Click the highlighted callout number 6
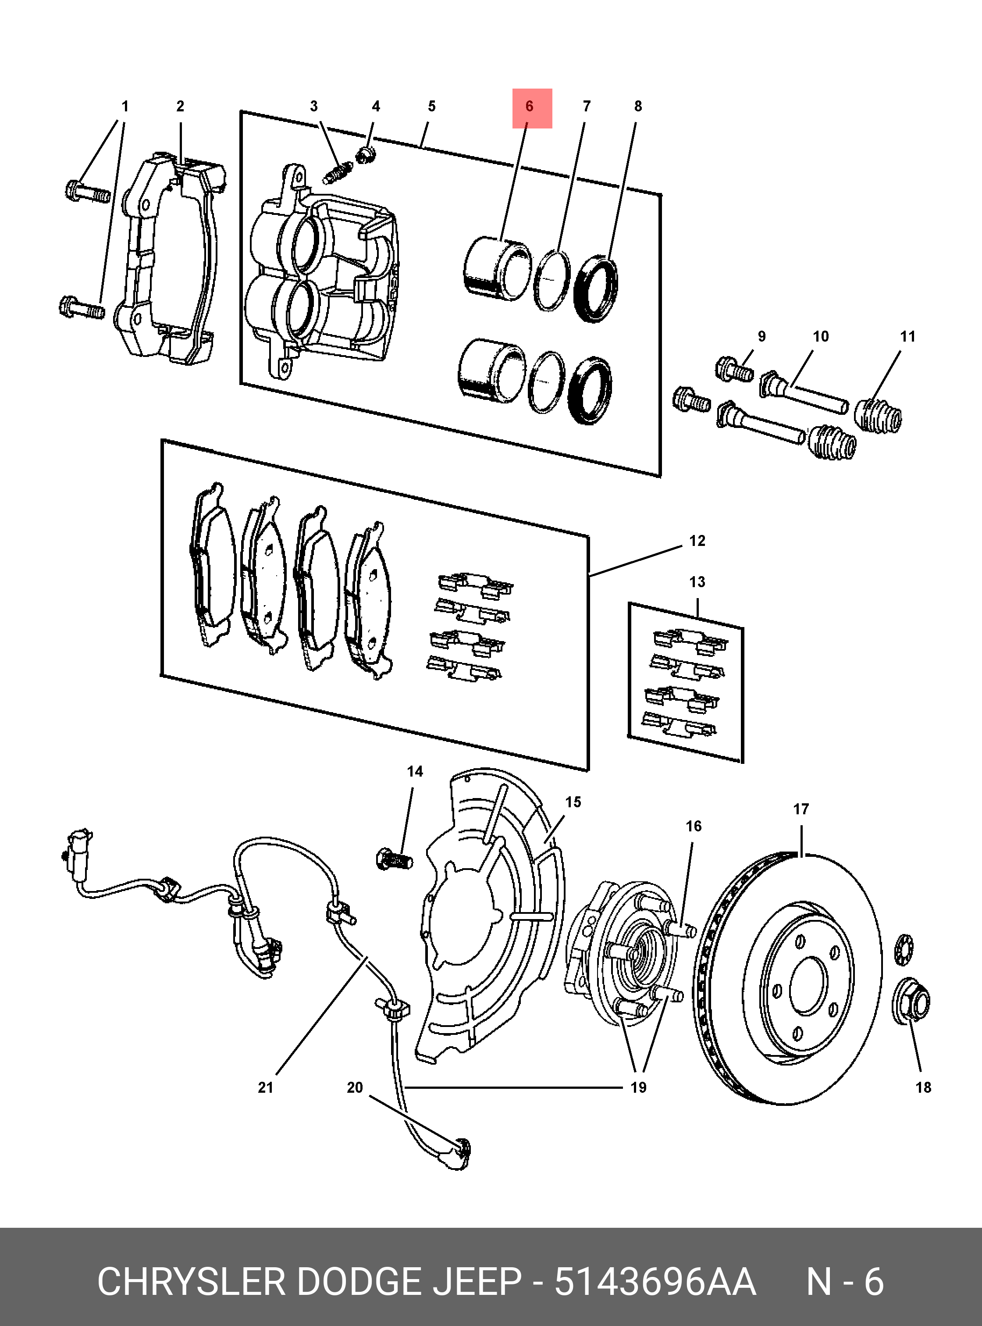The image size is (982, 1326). (x=529, y=107)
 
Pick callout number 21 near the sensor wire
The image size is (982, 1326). (x=265, y=1087)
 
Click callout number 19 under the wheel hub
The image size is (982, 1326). (x=638, y=1087)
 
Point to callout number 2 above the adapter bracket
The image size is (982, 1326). (x=180, y=107)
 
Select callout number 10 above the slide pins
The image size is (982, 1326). (x=820, y=337)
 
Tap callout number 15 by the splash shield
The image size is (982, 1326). (x=573, y=802)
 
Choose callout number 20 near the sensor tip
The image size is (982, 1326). (x=354, y=1087)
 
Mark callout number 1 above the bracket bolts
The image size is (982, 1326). (x=125, y=107)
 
